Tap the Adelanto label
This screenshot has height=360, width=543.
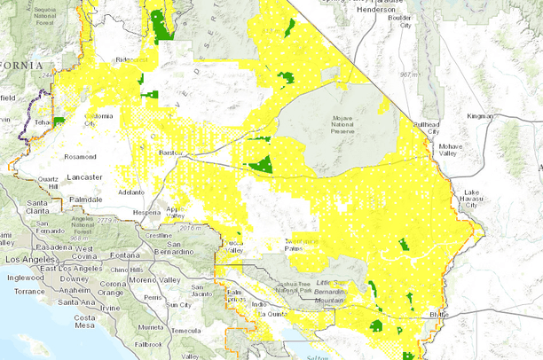131,192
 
